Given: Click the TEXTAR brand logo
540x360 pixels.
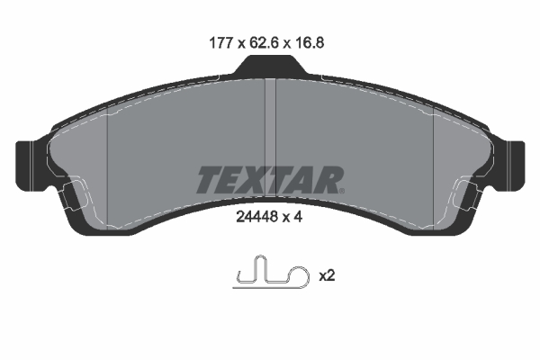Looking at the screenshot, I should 269,181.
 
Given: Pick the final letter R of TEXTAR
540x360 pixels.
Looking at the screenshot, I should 328,181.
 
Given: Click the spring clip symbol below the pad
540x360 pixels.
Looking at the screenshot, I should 269,274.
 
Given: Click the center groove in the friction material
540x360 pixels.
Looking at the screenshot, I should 269,117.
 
